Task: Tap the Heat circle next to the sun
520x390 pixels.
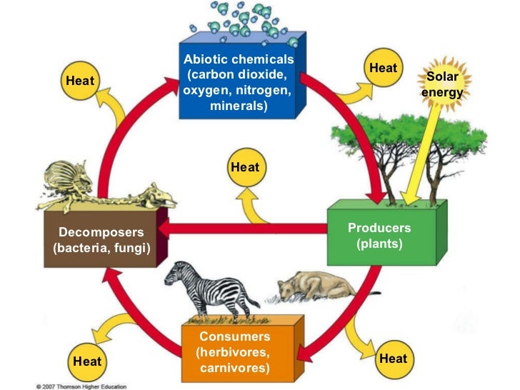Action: pyautogui.click(x=383, y=68)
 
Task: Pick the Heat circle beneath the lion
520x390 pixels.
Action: pyautogui.click(x=393, y=358)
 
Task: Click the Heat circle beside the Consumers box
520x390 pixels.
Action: pyautogui.click(x=86, y=361)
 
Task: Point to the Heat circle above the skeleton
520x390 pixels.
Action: pyautogui.click(x=80, y=81)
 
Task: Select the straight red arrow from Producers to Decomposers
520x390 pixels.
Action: pyautogui.click(x=243, y=229)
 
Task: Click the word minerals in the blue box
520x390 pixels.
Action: pyautogui.click(x=239, y=106)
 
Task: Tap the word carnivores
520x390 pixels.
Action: pyautogui.click(x=235, y=368)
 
